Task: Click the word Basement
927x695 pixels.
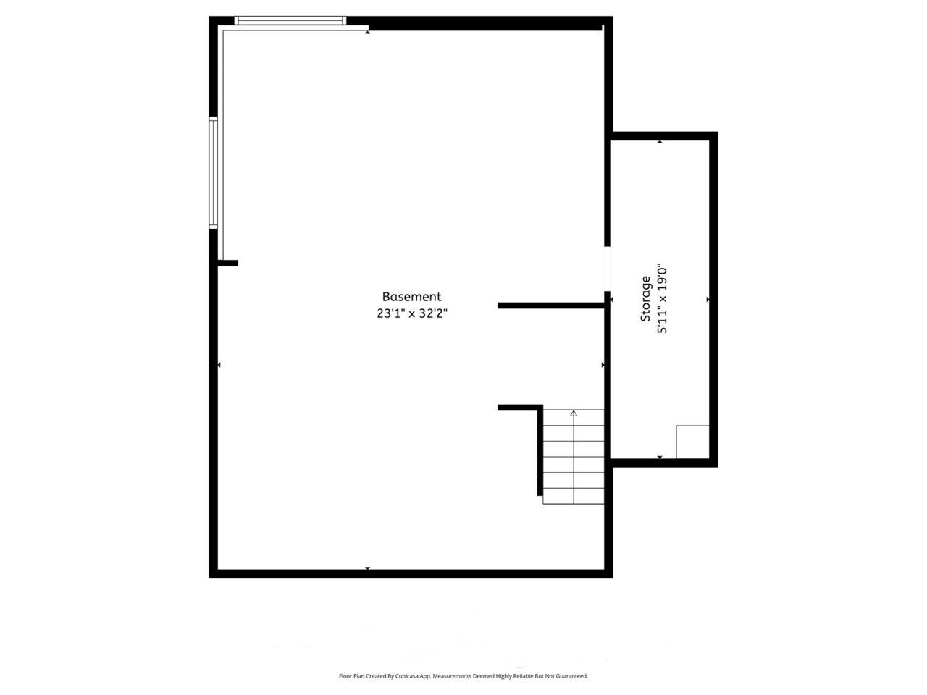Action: click(411, 297)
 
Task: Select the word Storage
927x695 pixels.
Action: click(645, 299)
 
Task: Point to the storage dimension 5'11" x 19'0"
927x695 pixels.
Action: click(660, 299)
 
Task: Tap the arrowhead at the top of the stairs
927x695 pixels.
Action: click(574, 413)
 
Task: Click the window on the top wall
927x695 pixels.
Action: click(290, 21)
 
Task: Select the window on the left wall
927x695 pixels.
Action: click(213, 172)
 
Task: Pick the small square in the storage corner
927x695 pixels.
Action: click(692, 442)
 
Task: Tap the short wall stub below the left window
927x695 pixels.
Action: click(228, 263)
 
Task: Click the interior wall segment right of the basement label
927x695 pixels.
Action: click(551, 306)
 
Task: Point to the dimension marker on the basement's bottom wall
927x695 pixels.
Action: click(367, 568)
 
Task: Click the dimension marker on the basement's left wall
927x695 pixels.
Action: click(219, 366)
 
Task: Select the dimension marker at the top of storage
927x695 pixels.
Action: click(660, 142)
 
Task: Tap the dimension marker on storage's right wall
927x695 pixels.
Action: click(708, 299)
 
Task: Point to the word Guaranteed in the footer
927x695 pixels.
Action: click(571, 676)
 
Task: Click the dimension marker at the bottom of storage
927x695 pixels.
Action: click(660, 457)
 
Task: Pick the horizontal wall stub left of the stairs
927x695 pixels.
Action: click(519, 408)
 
